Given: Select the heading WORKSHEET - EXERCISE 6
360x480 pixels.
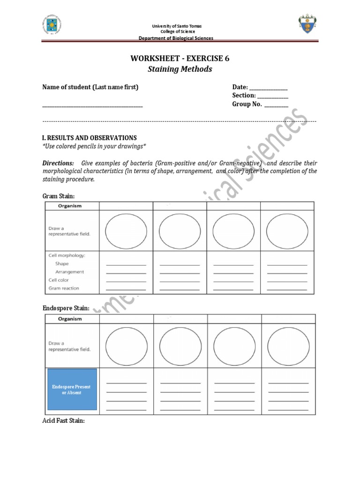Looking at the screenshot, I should coord(180,59).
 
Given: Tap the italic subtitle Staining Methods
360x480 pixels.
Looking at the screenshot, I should coord(180,69).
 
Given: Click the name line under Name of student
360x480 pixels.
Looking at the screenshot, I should coord(92,106).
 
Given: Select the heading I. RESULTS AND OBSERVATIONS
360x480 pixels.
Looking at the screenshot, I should coord(90,138).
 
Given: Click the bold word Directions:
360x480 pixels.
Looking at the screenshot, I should coord(58,163).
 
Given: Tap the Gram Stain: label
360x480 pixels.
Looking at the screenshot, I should coord(59,195).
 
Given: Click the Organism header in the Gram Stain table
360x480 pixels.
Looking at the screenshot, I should coord(70,206).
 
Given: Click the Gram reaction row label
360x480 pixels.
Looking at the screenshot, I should coord(64,288).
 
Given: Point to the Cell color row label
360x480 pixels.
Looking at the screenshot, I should coord(59,280).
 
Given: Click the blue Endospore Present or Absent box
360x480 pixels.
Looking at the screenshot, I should coord(71,390).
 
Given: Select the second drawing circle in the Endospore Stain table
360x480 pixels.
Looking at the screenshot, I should coord(180,346).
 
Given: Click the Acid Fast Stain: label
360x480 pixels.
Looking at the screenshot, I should coord(64,421).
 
